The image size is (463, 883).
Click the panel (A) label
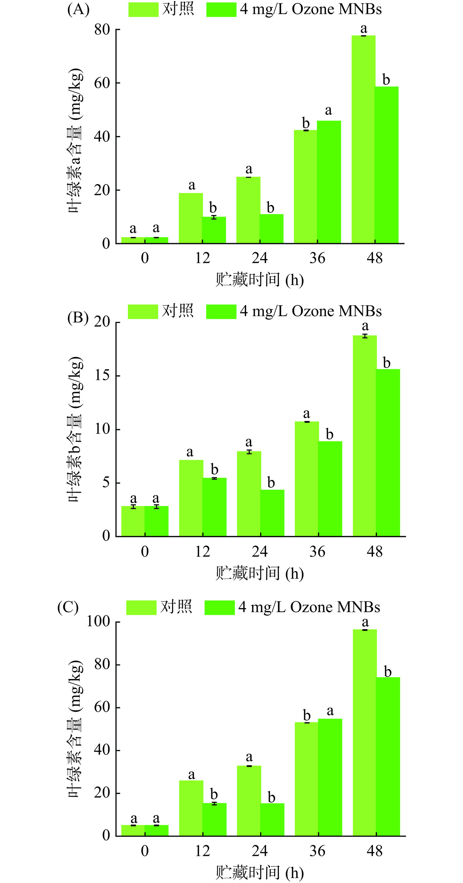click(x=78, y=10)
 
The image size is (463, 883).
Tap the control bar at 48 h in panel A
click(x=363, y=140)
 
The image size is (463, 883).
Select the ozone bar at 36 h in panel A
click(x=329, y=182)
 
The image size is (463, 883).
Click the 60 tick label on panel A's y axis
click(x=102, y=83)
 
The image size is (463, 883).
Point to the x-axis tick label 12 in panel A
click(x=202, y=258)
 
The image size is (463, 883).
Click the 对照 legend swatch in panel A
click(x=143, y=10)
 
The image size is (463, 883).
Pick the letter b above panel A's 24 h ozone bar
click(x=270, y=208)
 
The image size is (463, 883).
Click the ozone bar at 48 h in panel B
click(x=388, y=453)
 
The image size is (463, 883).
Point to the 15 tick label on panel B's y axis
click(x=102, y=376)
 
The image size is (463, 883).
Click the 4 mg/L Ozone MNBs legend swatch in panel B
click(x=221, y=312)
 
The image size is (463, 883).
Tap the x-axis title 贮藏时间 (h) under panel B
click(x=259, y=573)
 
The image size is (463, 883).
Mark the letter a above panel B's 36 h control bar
click(x=306, y=414)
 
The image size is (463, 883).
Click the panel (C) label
click(x=68, y=607)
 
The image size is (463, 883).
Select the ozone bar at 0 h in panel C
click(x=157, y=830)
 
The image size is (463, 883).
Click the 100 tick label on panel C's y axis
click(x=98, y=622)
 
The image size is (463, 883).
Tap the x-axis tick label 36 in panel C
click(x=317, y=851)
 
